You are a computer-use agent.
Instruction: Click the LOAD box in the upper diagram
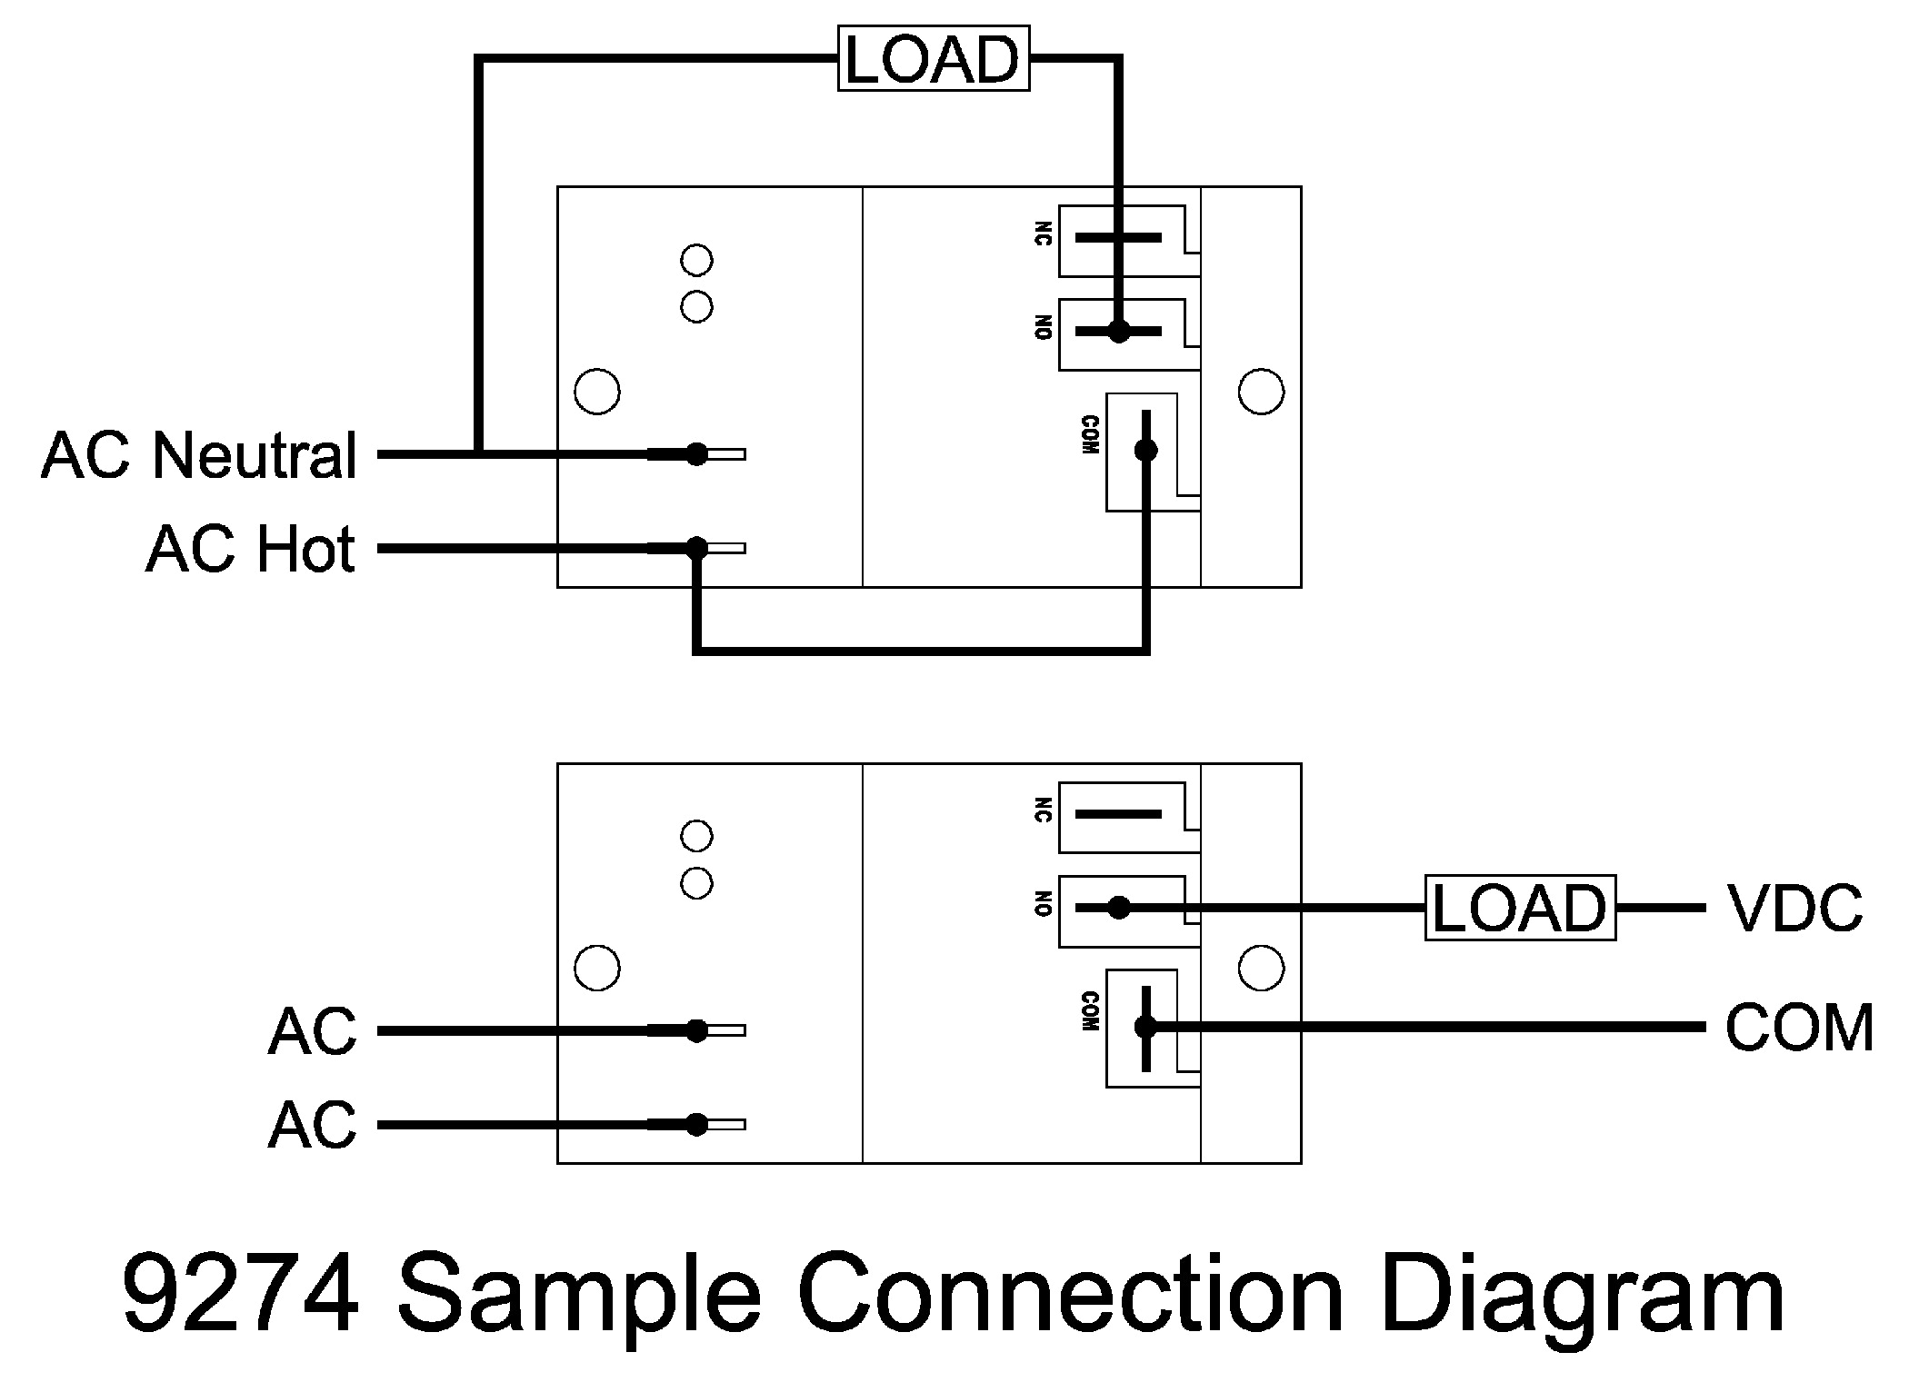click(933, 60)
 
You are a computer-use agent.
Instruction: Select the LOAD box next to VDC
click(1519, 908)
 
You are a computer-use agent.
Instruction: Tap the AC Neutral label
click(199, 455)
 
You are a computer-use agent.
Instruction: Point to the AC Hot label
click(250, 550)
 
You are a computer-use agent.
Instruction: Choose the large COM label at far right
click(1799, 1028)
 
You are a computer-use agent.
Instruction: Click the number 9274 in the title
click(241, 1295)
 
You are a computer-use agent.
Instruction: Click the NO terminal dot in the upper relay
click(1119, 332)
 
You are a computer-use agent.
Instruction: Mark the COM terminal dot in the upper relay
click(1146, 450)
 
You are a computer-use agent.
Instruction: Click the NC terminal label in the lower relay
click(1043, 810)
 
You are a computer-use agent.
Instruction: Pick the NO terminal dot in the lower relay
click(1119, 908)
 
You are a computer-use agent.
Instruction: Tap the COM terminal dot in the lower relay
click(1146, 1027)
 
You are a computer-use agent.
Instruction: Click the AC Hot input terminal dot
click(696, 547)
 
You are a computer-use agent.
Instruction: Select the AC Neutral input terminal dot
click(696, 453)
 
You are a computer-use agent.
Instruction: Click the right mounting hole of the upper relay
click(1261, 393)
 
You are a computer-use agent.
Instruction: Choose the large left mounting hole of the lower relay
click(597, 968)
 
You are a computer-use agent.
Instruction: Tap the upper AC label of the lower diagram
click(312, 1031)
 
